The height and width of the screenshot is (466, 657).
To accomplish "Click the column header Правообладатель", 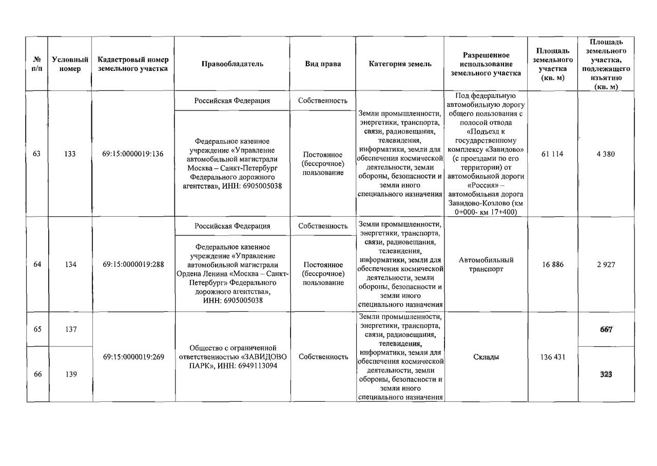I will (232, 64).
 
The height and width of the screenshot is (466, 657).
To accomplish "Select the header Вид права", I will (323, 64).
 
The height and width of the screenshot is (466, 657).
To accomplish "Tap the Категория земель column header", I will (400, 64).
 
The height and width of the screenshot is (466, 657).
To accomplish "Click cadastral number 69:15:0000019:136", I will (133, 154).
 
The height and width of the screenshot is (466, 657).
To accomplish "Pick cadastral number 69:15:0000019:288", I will (133, 265).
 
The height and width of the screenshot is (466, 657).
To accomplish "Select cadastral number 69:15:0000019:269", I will (133, 357).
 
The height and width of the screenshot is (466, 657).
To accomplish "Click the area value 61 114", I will (552, 154).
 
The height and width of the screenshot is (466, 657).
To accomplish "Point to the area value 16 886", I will (552, 265).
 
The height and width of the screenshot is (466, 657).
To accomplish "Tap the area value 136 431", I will (552, 357).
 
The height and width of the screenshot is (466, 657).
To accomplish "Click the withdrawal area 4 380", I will (606, 154).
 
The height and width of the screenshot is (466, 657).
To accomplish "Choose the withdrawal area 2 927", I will (606, 265).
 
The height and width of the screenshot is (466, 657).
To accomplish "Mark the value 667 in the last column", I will (606, 329).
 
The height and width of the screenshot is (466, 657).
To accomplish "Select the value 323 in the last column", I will (606, 375).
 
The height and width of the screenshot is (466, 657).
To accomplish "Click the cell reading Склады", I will (486, 357).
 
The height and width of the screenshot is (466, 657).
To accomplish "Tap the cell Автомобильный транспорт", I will (486, 265).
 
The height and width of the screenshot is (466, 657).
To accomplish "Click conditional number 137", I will (70, 329).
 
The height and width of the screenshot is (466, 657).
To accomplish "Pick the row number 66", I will (37, 375).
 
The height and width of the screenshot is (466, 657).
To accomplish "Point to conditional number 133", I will (70, 154).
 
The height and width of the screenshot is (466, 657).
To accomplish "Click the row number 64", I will (37, 265).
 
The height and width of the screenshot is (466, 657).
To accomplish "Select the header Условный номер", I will (70, 64).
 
